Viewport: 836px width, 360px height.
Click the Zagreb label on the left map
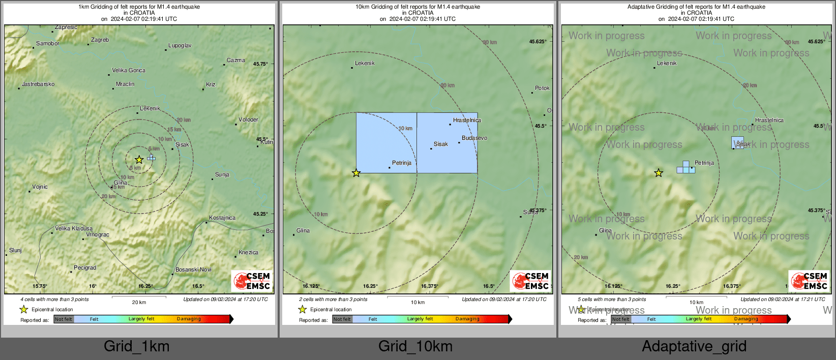click(x=100, y=40)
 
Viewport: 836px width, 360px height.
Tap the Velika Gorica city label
click(x=129, y=70)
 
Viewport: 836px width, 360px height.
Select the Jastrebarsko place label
click(x=38, y=84)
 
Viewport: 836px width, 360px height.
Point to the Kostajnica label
click(x=222, y=218)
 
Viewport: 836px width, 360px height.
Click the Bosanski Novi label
click(x=193, y=269)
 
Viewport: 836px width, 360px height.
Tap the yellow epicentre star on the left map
click(x=139, y=160)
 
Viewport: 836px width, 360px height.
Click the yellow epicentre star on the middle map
click(x=356, y=173)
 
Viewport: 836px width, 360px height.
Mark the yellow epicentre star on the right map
click(x=659, y=173)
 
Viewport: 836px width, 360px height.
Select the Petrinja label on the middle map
click(x=402, y=163)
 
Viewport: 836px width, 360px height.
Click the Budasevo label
click(x=474, y=138)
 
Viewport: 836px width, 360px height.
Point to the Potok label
click(x=542, y=88)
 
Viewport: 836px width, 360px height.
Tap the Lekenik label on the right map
click(x=667, y=63)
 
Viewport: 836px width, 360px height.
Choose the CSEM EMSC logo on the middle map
click(x=531, y=281)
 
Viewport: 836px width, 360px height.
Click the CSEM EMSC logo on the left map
click(x=252, y=281)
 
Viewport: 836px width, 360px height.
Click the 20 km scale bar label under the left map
click(x=139, y=302)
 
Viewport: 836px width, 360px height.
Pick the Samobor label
click(x=48, y=43)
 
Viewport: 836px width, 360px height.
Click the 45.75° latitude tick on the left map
click(x=260, y=64)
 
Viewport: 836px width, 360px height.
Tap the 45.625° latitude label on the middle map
click(x=538, y=42)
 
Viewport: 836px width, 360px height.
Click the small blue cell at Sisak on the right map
click(x=737, y=142)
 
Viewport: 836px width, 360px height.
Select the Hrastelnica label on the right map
click(x=769, y=120)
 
